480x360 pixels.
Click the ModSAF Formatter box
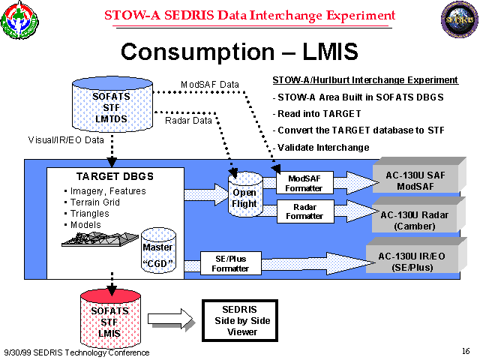pyautogui.click(x=304, y=183)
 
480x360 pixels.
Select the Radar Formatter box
pyautogui.click(x=304, y=211)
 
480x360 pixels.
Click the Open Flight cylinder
pyautogui.click(x=245, y=194)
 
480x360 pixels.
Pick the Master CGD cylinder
pyautogui.click(x=157, y=251)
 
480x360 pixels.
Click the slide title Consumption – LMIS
pyautogui.click(x=239, y=51)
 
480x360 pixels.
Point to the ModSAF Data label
pyautogui.click(x=210, y=83)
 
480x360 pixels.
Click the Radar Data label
pyautogui.click(x=187, y=120)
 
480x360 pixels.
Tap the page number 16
pyautogui.click(x=466, y=351)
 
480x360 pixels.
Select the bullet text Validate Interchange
pyautogui.click(x=323, y=147)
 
